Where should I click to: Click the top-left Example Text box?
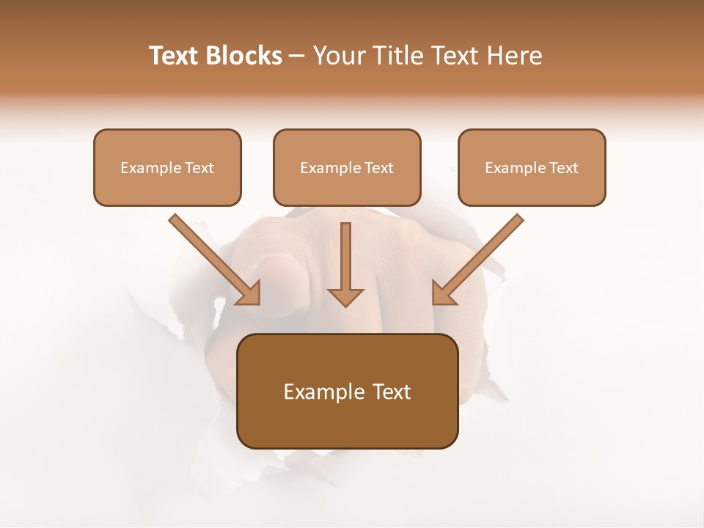tap(167, 167)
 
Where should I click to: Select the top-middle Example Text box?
tap(347, 167)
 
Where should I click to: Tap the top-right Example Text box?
tap(532, 167)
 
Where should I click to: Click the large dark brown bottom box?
tap(347, 391)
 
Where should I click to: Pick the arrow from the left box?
tap(213, 257)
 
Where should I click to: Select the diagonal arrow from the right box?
tap(480, 257)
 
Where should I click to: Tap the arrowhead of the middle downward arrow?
tap(345, 296)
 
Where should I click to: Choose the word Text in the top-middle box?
tap(378, 168)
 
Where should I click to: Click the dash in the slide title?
tap(297, 56)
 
